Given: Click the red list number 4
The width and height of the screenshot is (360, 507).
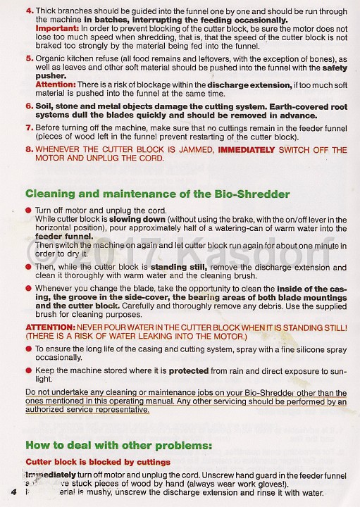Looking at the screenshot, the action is click(x=28, y=11).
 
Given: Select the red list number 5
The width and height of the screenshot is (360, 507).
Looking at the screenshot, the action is click(x=28, y=58).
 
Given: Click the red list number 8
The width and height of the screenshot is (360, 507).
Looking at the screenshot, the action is click(x=28, y=150).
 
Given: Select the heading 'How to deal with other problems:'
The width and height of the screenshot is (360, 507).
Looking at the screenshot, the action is click(x=118, y=445).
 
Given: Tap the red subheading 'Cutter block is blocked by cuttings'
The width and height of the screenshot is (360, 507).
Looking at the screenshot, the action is click(x=98, y=462).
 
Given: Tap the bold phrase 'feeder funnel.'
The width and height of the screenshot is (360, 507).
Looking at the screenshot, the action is click(x=65, y=237).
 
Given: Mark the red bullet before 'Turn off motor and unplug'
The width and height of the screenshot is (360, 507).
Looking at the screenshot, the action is click(x=28, y=211).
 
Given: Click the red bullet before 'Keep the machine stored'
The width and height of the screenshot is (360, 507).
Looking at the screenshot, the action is click(x=28, y=370).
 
